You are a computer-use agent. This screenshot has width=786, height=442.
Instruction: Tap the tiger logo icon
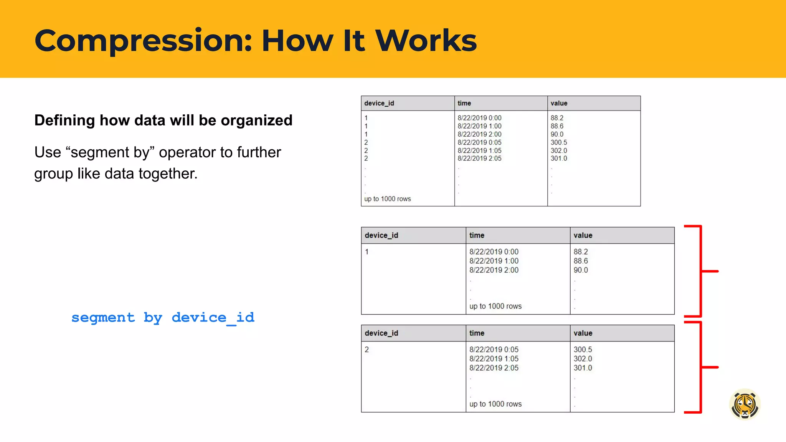point(745,404)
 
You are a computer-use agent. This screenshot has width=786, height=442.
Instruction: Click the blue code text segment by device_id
point(163,318)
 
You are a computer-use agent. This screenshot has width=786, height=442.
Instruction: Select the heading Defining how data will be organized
point(163,120)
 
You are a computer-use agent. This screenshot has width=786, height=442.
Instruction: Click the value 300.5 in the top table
point(558,142)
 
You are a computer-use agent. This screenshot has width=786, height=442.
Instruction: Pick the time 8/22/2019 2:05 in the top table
point(479,158)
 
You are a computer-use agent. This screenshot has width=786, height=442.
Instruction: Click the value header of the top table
point(559,103)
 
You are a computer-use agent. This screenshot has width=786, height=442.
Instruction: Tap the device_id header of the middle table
point(381,235)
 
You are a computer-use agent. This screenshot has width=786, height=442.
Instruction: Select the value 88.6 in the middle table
point(580,261)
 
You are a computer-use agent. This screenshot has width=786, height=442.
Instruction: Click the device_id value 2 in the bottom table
point(367,350)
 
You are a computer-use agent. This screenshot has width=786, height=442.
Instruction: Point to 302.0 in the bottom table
point(583,359)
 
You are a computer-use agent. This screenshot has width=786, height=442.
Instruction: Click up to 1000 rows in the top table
point(387,199)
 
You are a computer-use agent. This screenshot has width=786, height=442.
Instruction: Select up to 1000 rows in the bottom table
point(495,404)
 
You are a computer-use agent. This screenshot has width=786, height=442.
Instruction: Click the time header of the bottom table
point(477,333)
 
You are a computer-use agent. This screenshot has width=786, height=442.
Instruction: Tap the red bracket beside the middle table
point(701,271)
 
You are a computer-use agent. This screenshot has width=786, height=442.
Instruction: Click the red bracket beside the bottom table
point(701,367)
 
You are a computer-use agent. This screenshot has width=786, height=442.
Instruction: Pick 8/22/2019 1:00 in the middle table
point(494,261)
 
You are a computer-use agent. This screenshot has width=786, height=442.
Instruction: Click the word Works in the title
point(426,41)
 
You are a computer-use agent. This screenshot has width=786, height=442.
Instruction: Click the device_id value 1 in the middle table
point(367,252)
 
